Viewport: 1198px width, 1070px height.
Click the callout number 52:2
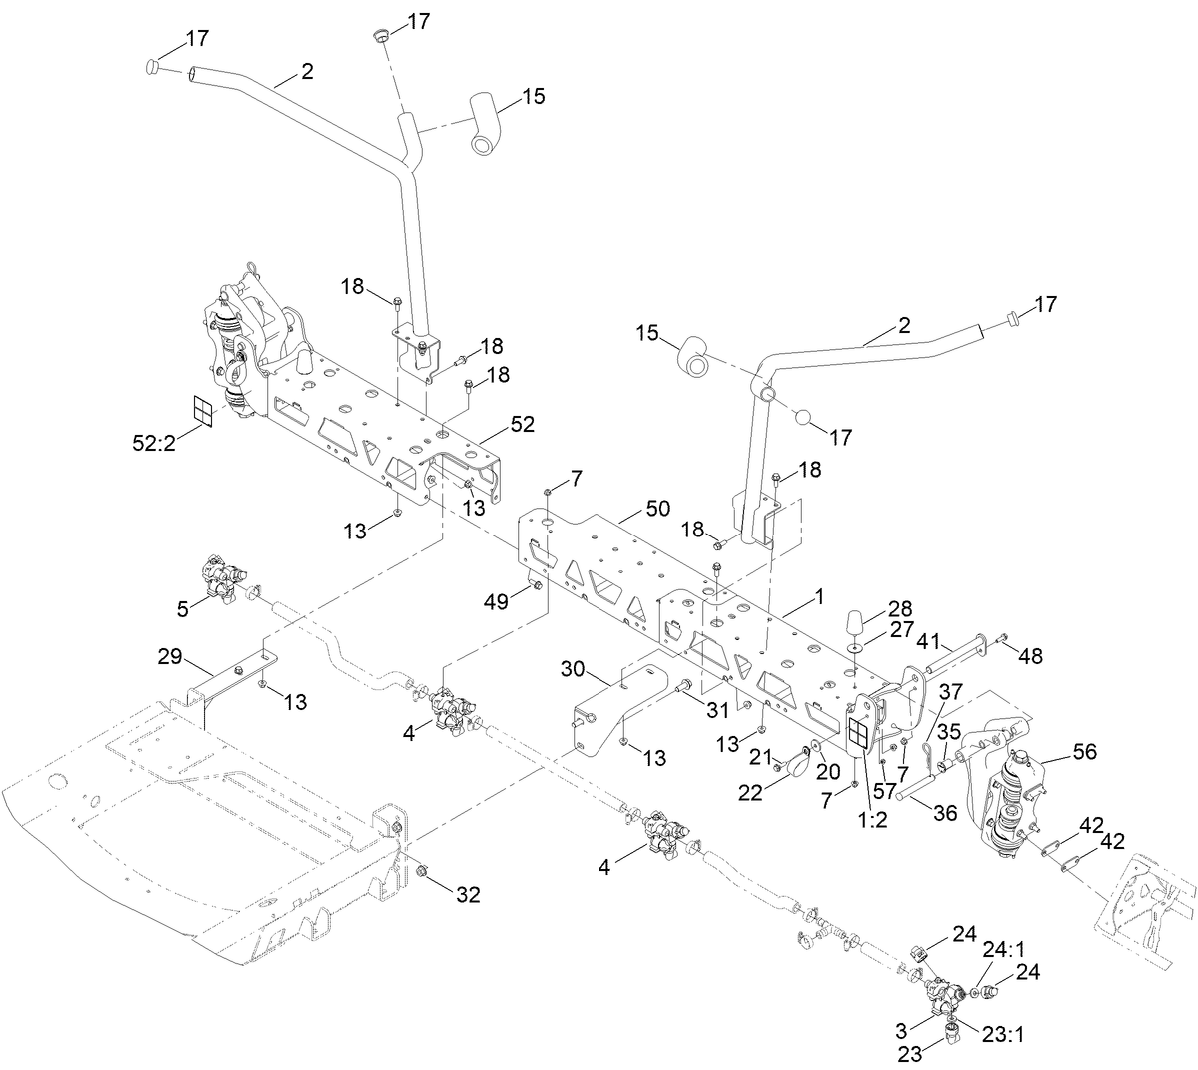coord(153,443)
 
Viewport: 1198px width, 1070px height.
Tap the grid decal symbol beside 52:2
coord(203,410)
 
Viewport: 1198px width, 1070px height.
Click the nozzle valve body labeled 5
coord(222,577)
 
